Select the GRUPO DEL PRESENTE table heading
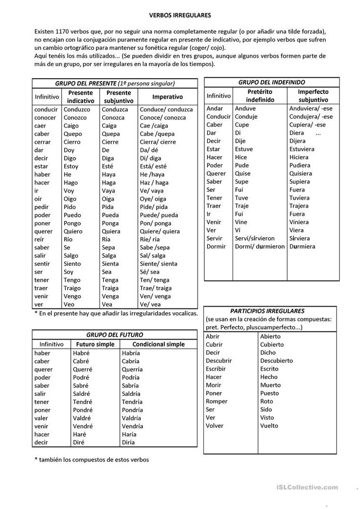115,83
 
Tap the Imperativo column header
167,97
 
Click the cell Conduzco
75,110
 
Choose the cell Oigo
71,198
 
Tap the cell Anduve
245,109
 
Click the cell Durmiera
302,246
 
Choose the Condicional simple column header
159,344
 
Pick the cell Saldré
82,393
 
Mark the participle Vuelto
269,425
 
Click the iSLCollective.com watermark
307,487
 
